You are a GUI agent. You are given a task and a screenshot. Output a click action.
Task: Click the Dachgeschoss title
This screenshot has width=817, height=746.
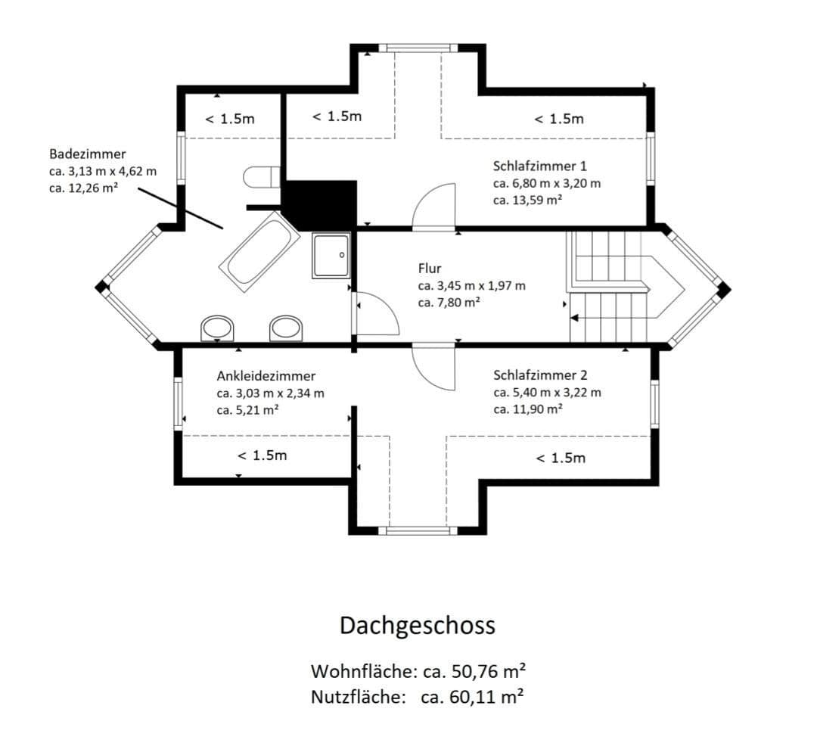point(417,626)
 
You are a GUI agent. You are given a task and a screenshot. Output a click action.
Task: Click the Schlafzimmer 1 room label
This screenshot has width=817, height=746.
point(539,166)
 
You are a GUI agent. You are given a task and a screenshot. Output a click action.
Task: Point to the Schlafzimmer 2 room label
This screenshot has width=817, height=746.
point(539,375)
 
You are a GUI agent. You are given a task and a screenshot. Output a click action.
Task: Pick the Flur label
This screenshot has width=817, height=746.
point(429,269)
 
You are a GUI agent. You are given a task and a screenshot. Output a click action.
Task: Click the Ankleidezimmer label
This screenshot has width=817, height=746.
point(266,376)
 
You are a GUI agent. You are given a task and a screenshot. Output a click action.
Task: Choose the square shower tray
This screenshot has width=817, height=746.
point(331,256)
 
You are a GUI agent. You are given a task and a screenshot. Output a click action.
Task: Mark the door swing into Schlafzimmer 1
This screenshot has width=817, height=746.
point(434,206)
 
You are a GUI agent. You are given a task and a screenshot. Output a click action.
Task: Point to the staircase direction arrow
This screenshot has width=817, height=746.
point(575,319)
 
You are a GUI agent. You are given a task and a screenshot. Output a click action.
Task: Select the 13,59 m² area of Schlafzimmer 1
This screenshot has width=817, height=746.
point(527,200)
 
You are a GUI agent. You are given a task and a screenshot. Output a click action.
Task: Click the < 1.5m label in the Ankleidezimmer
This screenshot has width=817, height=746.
point(262,455)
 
